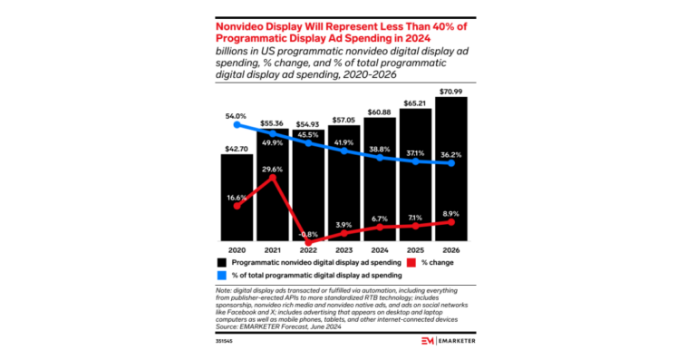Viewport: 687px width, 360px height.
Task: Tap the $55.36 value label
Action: (x=271, y=122)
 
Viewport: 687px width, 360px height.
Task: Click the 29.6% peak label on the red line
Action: (x=271, y=169)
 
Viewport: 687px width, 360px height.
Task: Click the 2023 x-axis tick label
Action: (x=343, y=249)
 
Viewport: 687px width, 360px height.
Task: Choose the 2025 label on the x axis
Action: (x=416, y=249)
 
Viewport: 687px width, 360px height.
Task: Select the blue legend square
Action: (x=223, y=274)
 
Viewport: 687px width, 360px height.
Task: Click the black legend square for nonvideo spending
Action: (x=223, y=261)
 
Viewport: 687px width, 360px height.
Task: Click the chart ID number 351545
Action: (x=224, y=341)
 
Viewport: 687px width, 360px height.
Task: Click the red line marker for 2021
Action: (x=272, y=178)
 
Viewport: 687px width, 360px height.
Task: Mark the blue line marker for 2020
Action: (x=237, y=125)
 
